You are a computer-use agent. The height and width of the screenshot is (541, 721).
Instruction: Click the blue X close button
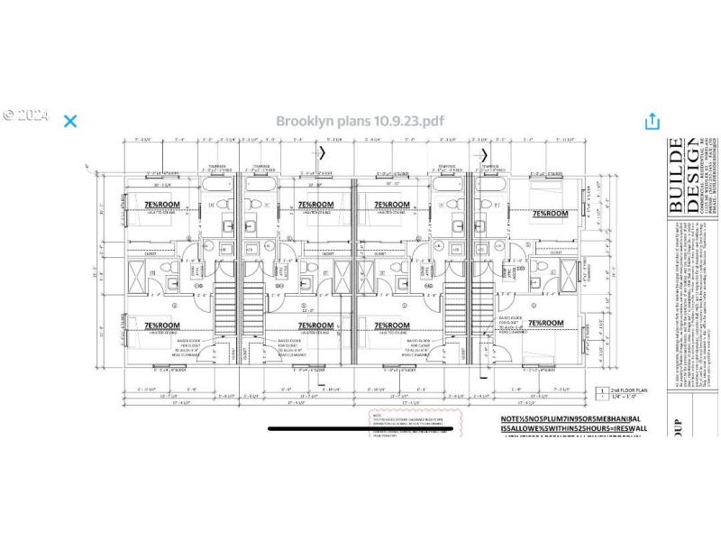(x=70, y=121)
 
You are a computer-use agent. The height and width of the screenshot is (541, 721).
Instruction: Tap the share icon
(x=652, y=121)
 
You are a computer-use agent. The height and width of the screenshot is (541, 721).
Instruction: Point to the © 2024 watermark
(x=24, y=115)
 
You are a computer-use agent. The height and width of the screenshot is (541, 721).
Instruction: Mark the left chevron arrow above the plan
(x=323, y=152)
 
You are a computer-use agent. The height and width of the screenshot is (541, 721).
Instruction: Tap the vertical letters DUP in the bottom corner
(x=677, y=419)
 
